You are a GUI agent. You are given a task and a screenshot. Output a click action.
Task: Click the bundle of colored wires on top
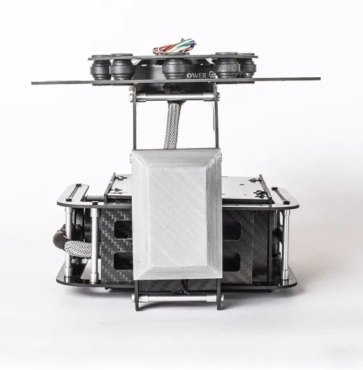pyautogui.click(x=173, y=47)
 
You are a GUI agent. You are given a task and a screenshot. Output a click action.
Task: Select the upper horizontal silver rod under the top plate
pyautogui.click(x=174, y=97)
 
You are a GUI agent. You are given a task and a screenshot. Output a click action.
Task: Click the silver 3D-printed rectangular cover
pyautogui.click(x=176, y=213)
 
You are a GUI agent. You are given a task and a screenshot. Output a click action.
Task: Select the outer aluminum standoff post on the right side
pyautogui.click(x=285, y=236)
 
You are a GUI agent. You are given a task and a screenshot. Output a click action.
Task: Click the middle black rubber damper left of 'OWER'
pyautogui.click(x=174, y=68)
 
